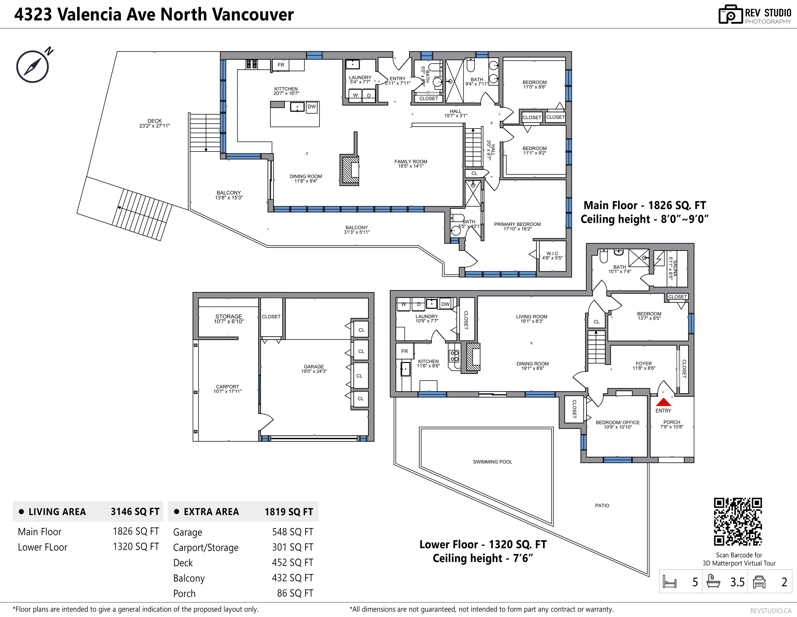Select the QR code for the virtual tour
coord(738,522)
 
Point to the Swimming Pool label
coord(492,462)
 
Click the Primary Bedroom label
coord(517,224)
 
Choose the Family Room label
coord(411,162)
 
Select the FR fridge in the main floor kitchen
coord(281,65)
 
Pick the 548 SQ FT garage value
coord(292,532)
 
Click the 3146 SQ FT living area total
coord(135,511)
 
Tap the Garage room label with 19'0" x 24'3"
coord(314,367)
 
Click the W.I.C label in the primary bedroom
coord(552,254)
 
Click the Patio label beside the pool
coord(602,506)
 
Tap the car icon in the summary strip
coord(759,582)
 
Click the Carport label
coord(227,387)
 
